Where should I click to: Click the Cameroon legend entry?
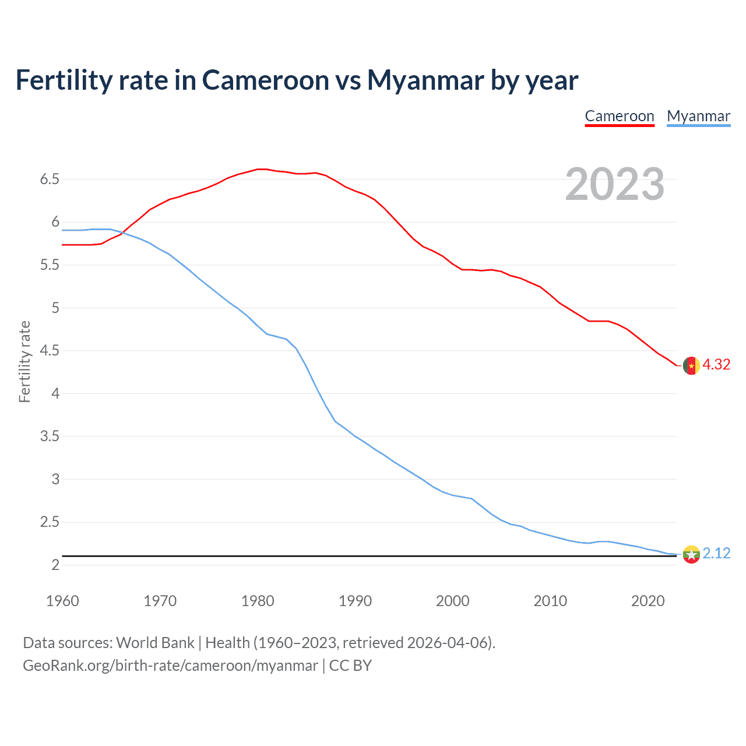coord(620,116)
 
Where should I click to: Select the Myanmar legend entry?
coord(698,116)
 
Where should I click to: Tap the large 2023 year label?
coord(615,184)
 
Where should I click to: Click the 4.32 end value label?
coord(716,365)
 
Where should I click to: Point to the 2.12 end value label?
coord(716,553)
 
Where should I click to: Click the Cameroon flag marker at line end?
coord(691,366)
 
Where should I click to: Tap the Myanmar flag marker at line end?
coord(691,554)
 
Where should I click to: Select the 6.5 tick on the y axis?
coord(50,179)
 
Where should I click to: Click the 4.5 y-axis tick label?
coord(50,350)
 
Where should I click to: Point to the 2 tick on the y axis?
coord(55,565)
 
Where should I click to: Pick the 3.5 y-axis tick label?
coord(50,436)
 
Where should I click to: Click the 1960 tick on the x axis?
coord(62,601)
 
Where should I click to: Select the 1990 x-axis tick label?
coord(355,601)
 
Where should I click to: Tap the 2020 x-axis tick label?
coord(648,601)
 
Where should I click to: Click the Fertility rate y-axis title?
coord(24,361)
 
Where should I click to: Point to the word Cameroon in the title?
coord(265,80)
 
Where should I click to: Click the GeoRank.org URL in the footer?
coord(170,666)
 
